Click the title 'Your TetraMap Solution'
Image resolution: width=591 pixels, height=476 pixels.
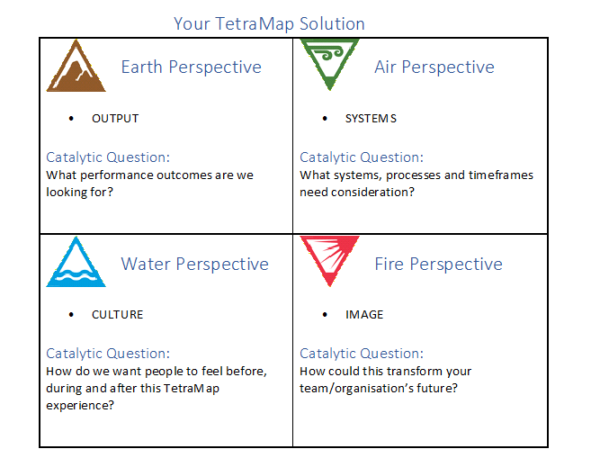[269, 23]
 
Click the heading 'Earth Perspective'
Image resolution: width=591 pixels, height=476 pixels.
[191, 67]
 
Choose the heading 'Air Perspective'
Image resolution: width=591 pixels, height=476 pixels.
[434, 67]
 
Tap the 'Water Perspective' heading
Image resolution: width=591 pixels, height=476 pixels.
[194, 265]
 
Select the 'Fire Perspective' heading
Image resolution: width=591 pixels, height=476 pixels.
[438, 265]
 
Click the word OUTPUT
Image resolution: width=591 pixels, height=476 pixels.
[115, 119]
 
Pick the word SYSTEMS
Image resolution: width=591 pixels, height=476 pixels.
[371, 119]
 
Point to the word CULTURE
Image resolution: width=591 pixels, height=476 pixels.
[118, 315]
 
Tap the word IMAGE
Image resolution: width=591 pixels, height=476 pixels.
[364, 315]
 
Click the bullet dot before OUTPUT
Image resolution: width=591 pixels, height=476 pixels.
[71, 119]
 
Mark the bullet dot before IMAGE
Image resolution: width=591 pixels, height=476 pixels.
[325, 315]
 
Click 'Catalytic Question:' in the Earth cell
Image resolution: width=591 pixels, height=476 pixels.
[108, 157]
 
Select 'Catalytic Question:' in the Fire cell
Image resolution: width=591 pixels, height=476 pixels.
[362, 354]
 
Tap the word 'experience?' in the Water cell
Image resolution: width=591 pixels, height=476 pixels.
[80, 406]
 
